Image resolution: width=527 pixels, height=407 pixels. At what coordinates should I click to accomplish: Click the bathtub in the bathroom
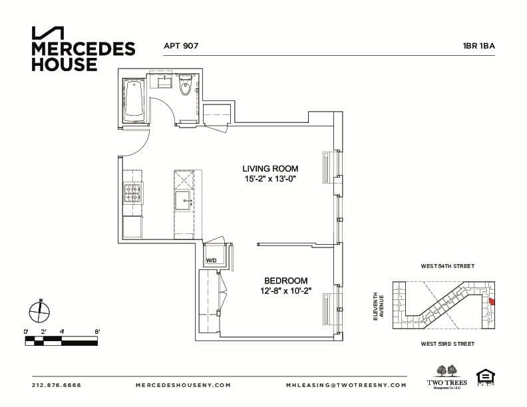click(x=134, y=100)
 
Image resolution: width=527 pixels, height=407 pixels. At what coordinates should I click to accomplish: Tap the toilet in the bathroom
click(x=186, y=86)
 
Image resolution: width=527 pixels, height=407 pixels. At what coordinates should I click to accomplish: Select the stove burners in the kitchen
click(x=133, y=194)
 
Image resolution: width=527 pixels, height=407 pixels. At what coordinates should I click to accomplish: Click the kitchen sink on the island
click(x=183, y=200)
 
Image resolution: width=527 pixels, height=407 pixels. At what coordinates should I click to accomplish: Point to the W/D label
click(x=212, y=260)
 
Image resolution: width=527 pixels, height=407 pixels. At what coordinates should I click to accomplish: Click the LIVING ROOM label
click(x=270, y=169)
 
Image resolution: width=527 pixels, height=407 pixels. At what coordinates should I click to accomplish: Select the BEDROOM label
click(x=285, y=281)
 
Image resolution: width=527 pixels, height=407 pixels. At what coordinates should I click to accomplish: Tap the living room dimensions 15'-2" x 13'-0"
click(x=270, y=180)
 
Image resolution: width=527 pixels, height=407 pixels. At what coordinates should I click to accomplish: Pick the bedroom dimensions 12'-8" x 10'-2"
click(x=285, y=291)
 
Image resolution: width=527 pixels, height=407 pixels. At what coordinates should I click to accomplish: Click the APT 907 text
click(x=181, y=47)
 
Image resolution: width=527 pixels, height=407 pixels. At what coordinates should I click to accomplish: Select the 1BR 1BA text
click(x=479, y=47)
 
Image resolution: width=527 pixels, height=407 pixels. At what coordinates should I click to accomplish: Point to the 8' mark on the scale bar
click(x=97, y=331)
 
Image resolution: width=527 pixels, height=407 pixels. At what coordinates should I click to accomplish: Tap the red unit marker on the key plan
click(x=492, y=301)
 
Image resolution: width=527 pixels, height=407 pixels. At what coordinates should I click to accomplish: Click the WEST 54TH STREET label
click(x=447, y=266)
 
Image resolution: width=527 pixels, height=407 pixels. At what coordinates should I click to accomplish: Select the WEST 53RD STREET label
click(x=447, y=344)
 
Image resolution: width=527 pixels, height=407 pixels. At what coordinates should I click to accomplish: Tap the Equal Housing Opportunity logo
click(x=485, y=378)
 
